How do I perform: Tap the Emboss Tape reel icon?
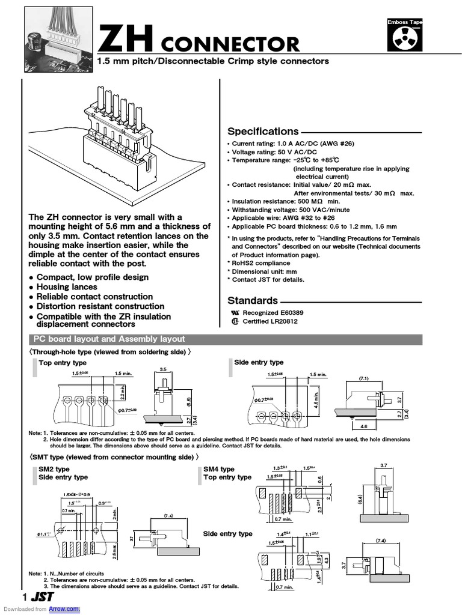pyautogui.click(x=405, y=35)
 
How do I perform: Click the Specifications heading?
pyautogui.click(x=263, y=132)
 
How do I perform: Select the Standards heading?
pyautogui.click(x=253, y=300)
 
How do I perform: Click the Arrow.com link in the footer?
pyautogui.click(x=64, y=609)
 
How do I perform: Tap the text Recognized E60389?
pyautogui.click(x=268, y=313)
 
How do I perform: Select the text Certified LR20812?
pyautogui.click(x=269, y=321)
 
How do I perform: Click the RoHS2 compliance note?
pyautogui.click(x=260, y=263)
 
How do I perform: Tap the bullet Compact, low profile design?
pyautogui.click(x=93, y=277)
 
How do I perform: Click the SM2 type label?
pyautogui.click(x=54, y=469)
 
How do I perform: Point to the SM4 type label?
pyautogui.click(x=219, y=469)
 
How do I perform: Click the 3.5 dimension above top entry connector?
pyautogui.click(x=162, y=368)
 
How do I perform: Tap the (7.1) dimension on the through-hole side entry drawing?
pyautogui.click(x=363, y=379)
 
